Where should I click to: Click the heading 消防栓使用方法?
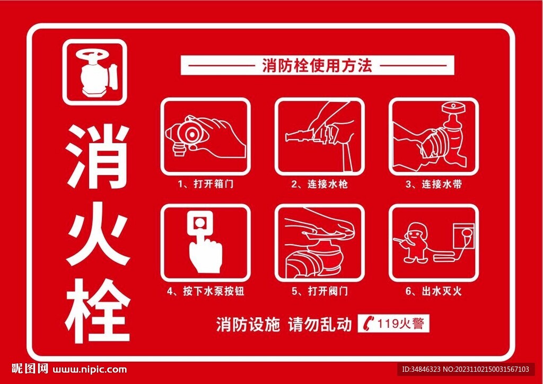(317, 65)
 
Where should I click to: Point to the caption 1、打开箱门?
(206, 185)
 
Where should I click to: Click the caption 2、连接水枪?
(320, 185)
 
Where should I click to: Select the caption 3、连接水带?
(434, 185)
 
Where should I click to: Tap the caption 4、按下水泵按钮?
(206, 291)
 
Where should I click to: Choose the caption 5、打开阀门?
(320, 291)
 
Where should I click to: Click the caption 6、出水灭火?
(434, 291)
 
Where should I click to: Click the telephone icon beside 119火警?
(370, 323)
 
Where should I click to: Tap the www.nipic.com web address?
(91, 369)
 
